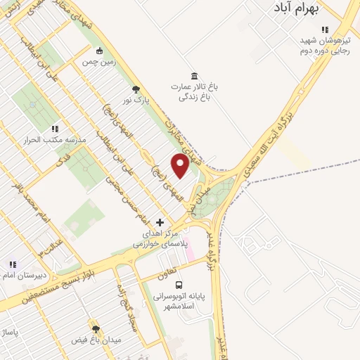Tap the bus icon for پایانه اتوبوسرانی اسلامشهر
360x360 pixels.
tap(179, 285)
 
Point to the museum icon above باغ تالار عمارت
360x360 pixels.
tap(194, 75)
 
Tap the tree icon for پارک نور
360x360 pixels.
tap(136, 89)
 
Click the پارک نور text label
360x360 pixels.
tap(136, 101)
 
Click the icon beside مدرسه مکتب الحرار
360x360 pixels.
tap(55, 129)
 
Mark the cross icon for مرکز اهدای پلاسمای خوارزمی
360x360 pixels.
tap(161, 222)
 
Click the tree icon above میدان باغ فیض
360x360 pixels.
tap(96, 328)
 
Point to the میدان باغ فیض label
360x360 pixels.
tap(96, 340)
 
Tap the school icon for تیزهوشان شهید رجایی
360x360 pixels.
tap(324, 30)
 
